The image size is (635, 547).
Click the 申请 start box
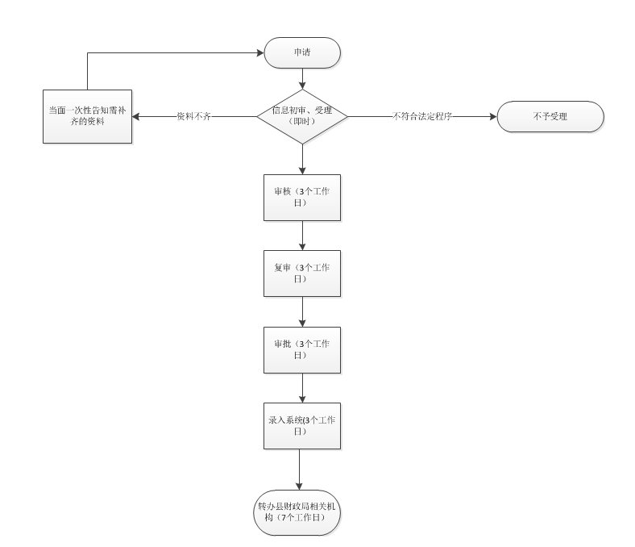coord(302,53)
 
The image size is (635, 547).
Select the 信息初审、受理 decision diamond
coord(302,116)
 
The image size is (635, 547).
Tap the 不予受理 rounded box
coord(550,116)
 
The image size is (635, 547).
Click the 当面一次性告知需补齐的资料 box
coord(87,116)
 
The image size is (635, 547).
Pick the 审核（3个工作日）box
coord(302,197)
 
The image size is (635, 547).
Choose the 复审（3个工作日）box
coord(302,273)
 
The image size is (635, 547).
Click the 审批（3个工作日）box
coord(302,349)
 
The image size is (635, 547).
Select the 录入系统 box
coord(302,425)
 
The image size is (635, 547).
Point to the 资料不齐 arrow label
coord(194,116)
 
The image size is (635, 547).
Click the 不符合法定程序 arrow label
coord(421,116)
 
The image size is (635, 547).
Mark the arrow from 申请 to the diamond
coord(302,78)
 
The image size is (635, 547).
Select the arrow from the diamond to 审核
coord(302,159)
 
